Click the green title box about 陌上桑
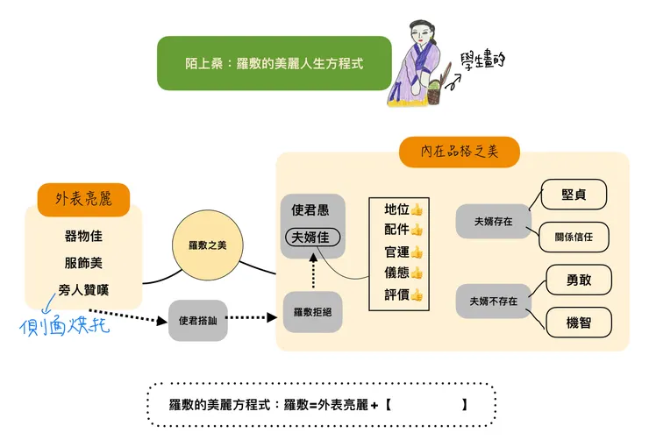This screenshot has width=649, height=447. (x=274, y=63)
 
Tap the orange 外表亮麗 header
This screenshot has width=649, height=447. (x=83, y=199)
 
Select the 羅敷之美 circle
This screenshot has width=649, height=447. (x=208, y=245)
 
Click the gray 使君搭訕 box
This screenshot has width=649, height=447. (x=198, y=321)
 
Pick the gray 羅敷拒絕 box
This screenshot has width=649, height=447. (x=312, y=312)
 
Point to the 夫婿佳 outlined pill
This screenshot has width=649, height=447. (x=313, y=238)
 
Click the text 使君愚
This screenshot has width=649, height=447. (x=310, y=210)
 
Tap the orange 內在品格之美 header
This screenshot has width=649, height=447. (x=459, y=152)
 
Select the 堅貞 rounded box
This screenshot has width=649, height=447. (x=574, y=195)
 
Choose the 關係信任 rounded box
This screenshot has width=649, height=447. (x=574, y=237)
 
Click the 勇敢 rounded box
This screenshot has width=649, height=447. (x=579, y=280)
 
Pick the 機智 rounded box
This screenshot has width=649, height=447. (x=579, y=323)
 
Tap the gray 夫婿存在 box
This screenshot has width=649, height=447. (x=494, y=222)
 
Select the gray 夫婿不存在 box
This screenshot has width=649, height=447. (x=494, y=301)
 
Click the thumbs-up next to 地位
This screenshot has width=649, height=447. (x=417, y=209)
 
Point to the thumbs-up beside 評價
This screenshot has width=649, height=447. (x=417, y=294)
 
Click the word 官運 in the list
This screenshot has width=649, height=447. (x=396, y=252)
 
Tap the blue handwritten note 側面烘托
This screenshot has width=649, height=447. (x=65, y=326)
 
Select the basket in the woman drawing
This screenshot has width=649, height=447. (x=433, y=93)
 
